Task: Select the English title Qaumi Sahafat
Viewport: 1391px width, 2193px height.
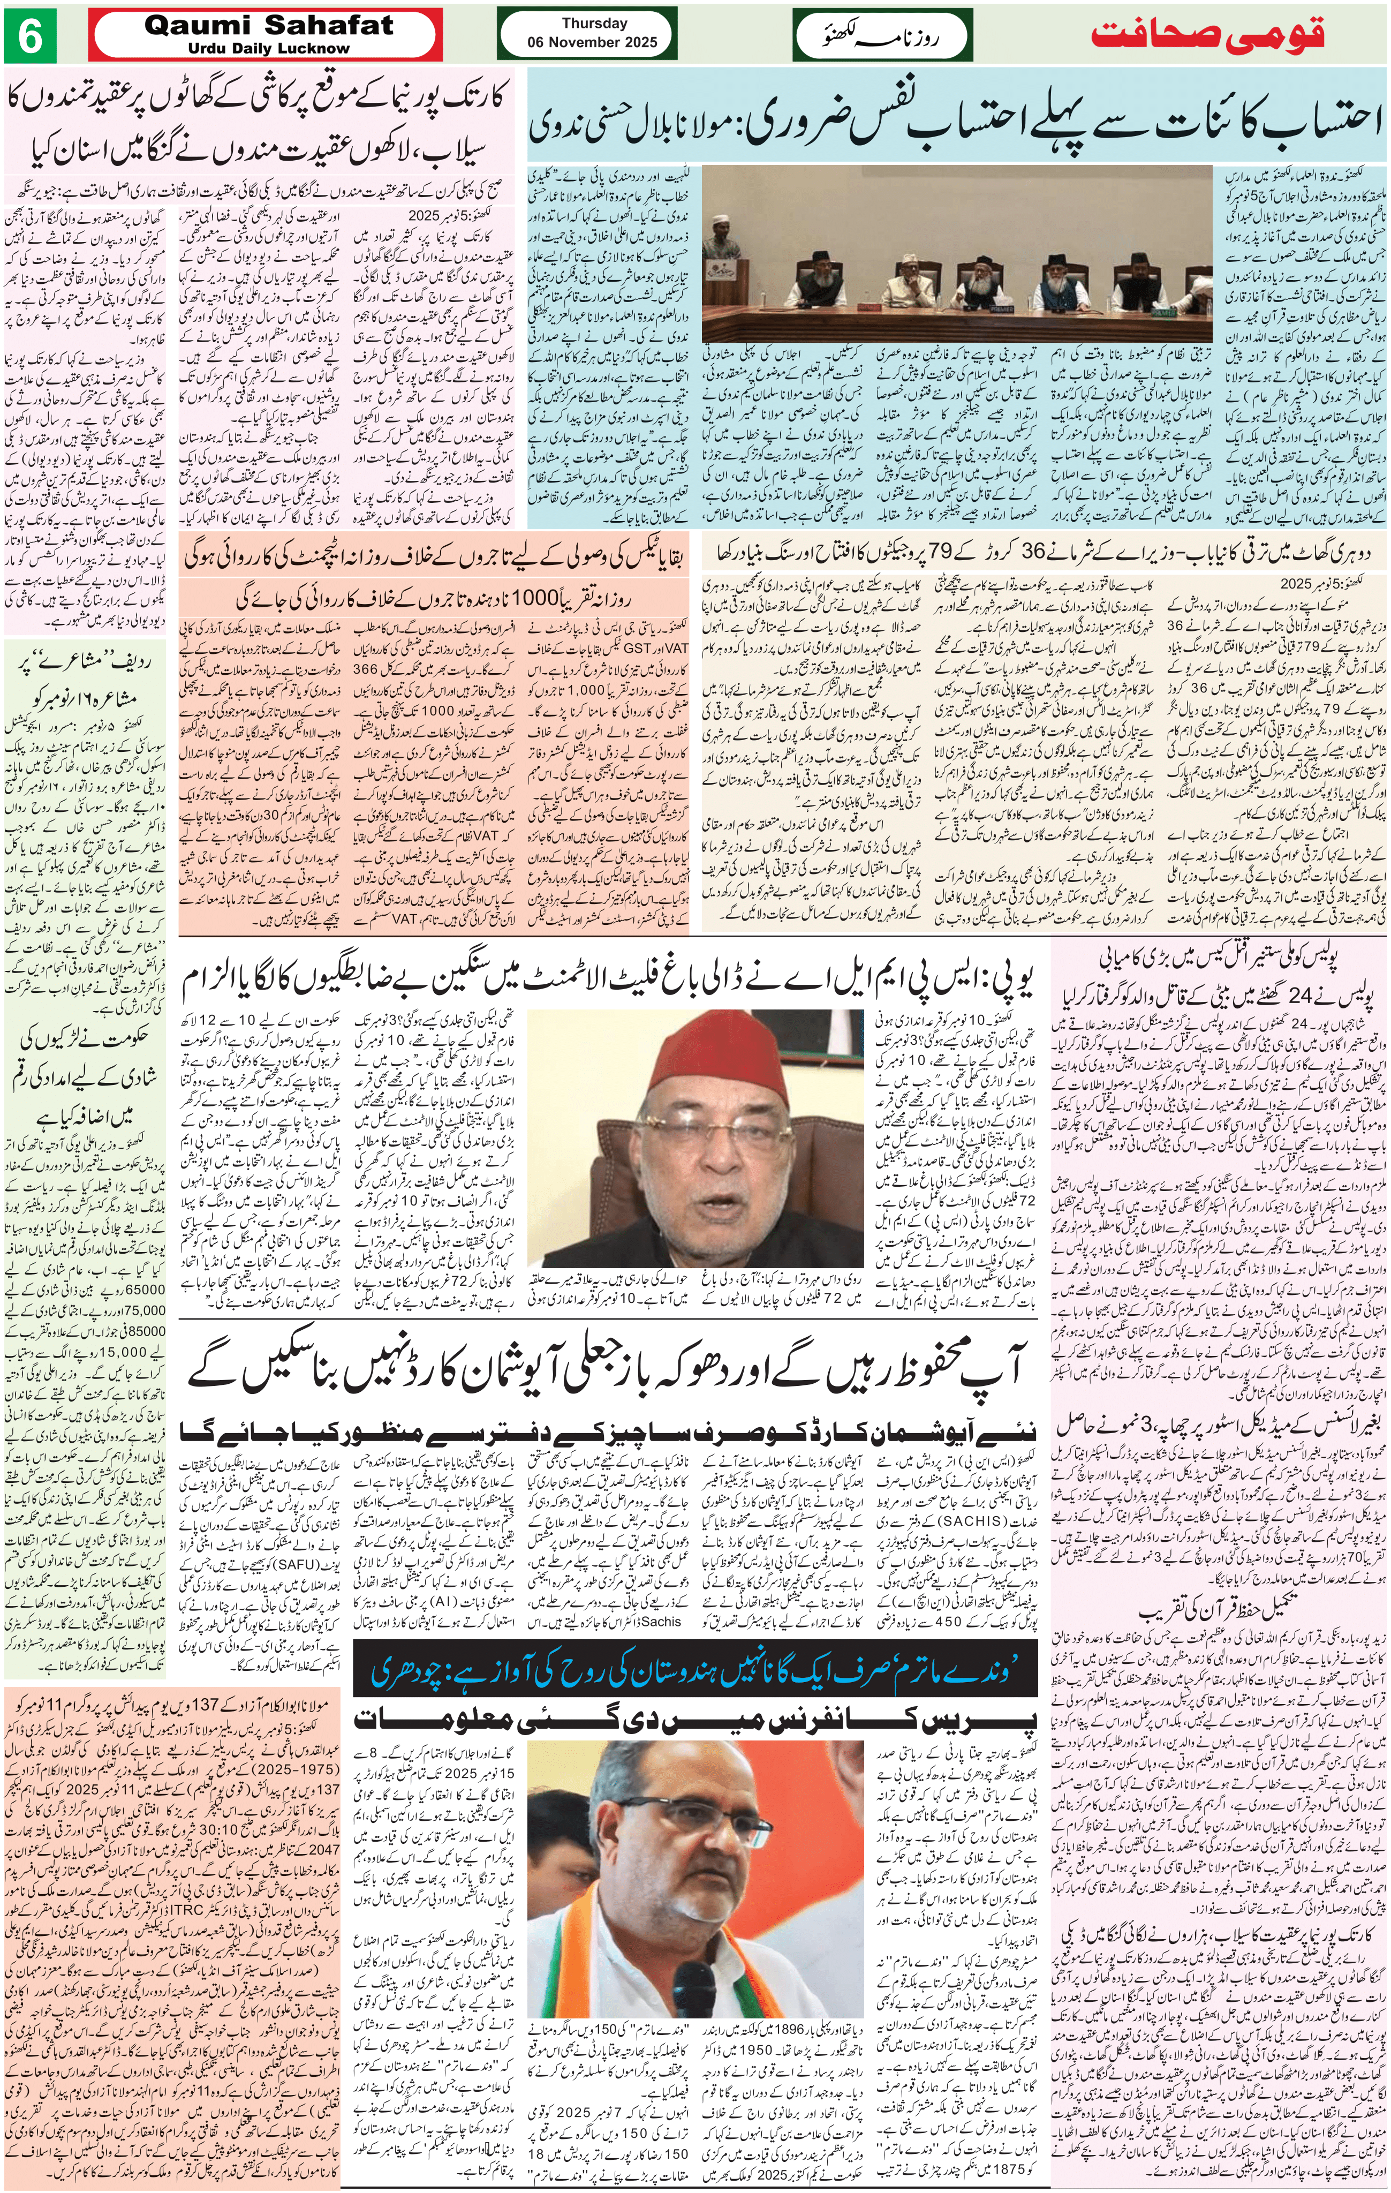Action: tap(269, 26)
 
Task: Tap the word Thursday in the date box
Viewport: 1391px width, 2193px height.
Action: tap(594, 24)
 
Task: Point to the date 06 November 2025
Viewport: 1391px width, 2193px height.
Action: tap(594, 42)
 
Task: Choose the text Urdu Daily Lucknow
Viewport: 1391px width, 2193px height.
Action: tap(269, 48)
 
